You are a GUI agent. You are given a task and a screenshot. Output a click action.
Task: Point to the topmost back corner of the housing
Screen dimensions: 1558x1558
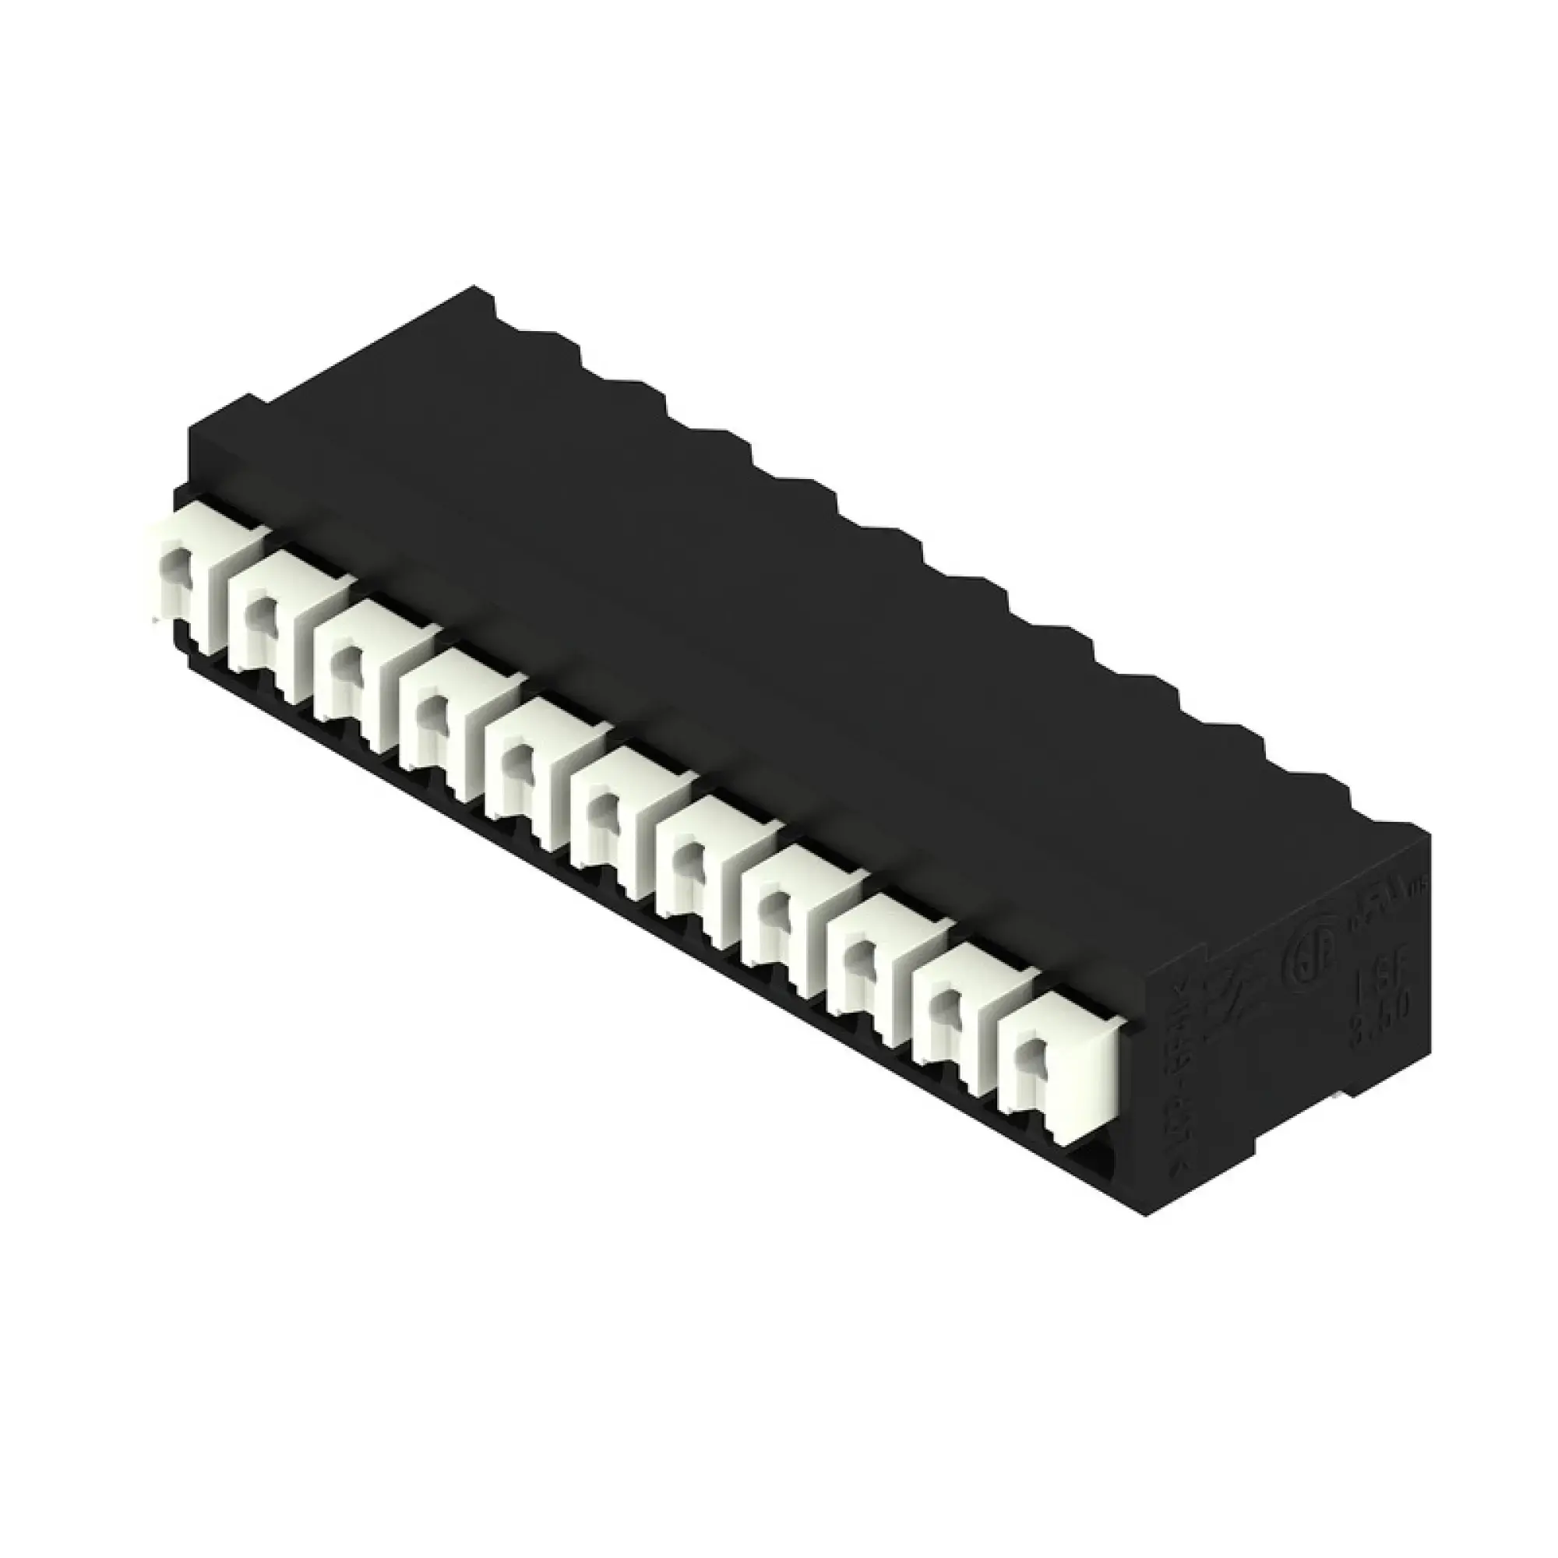click(x=476, y=287)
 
